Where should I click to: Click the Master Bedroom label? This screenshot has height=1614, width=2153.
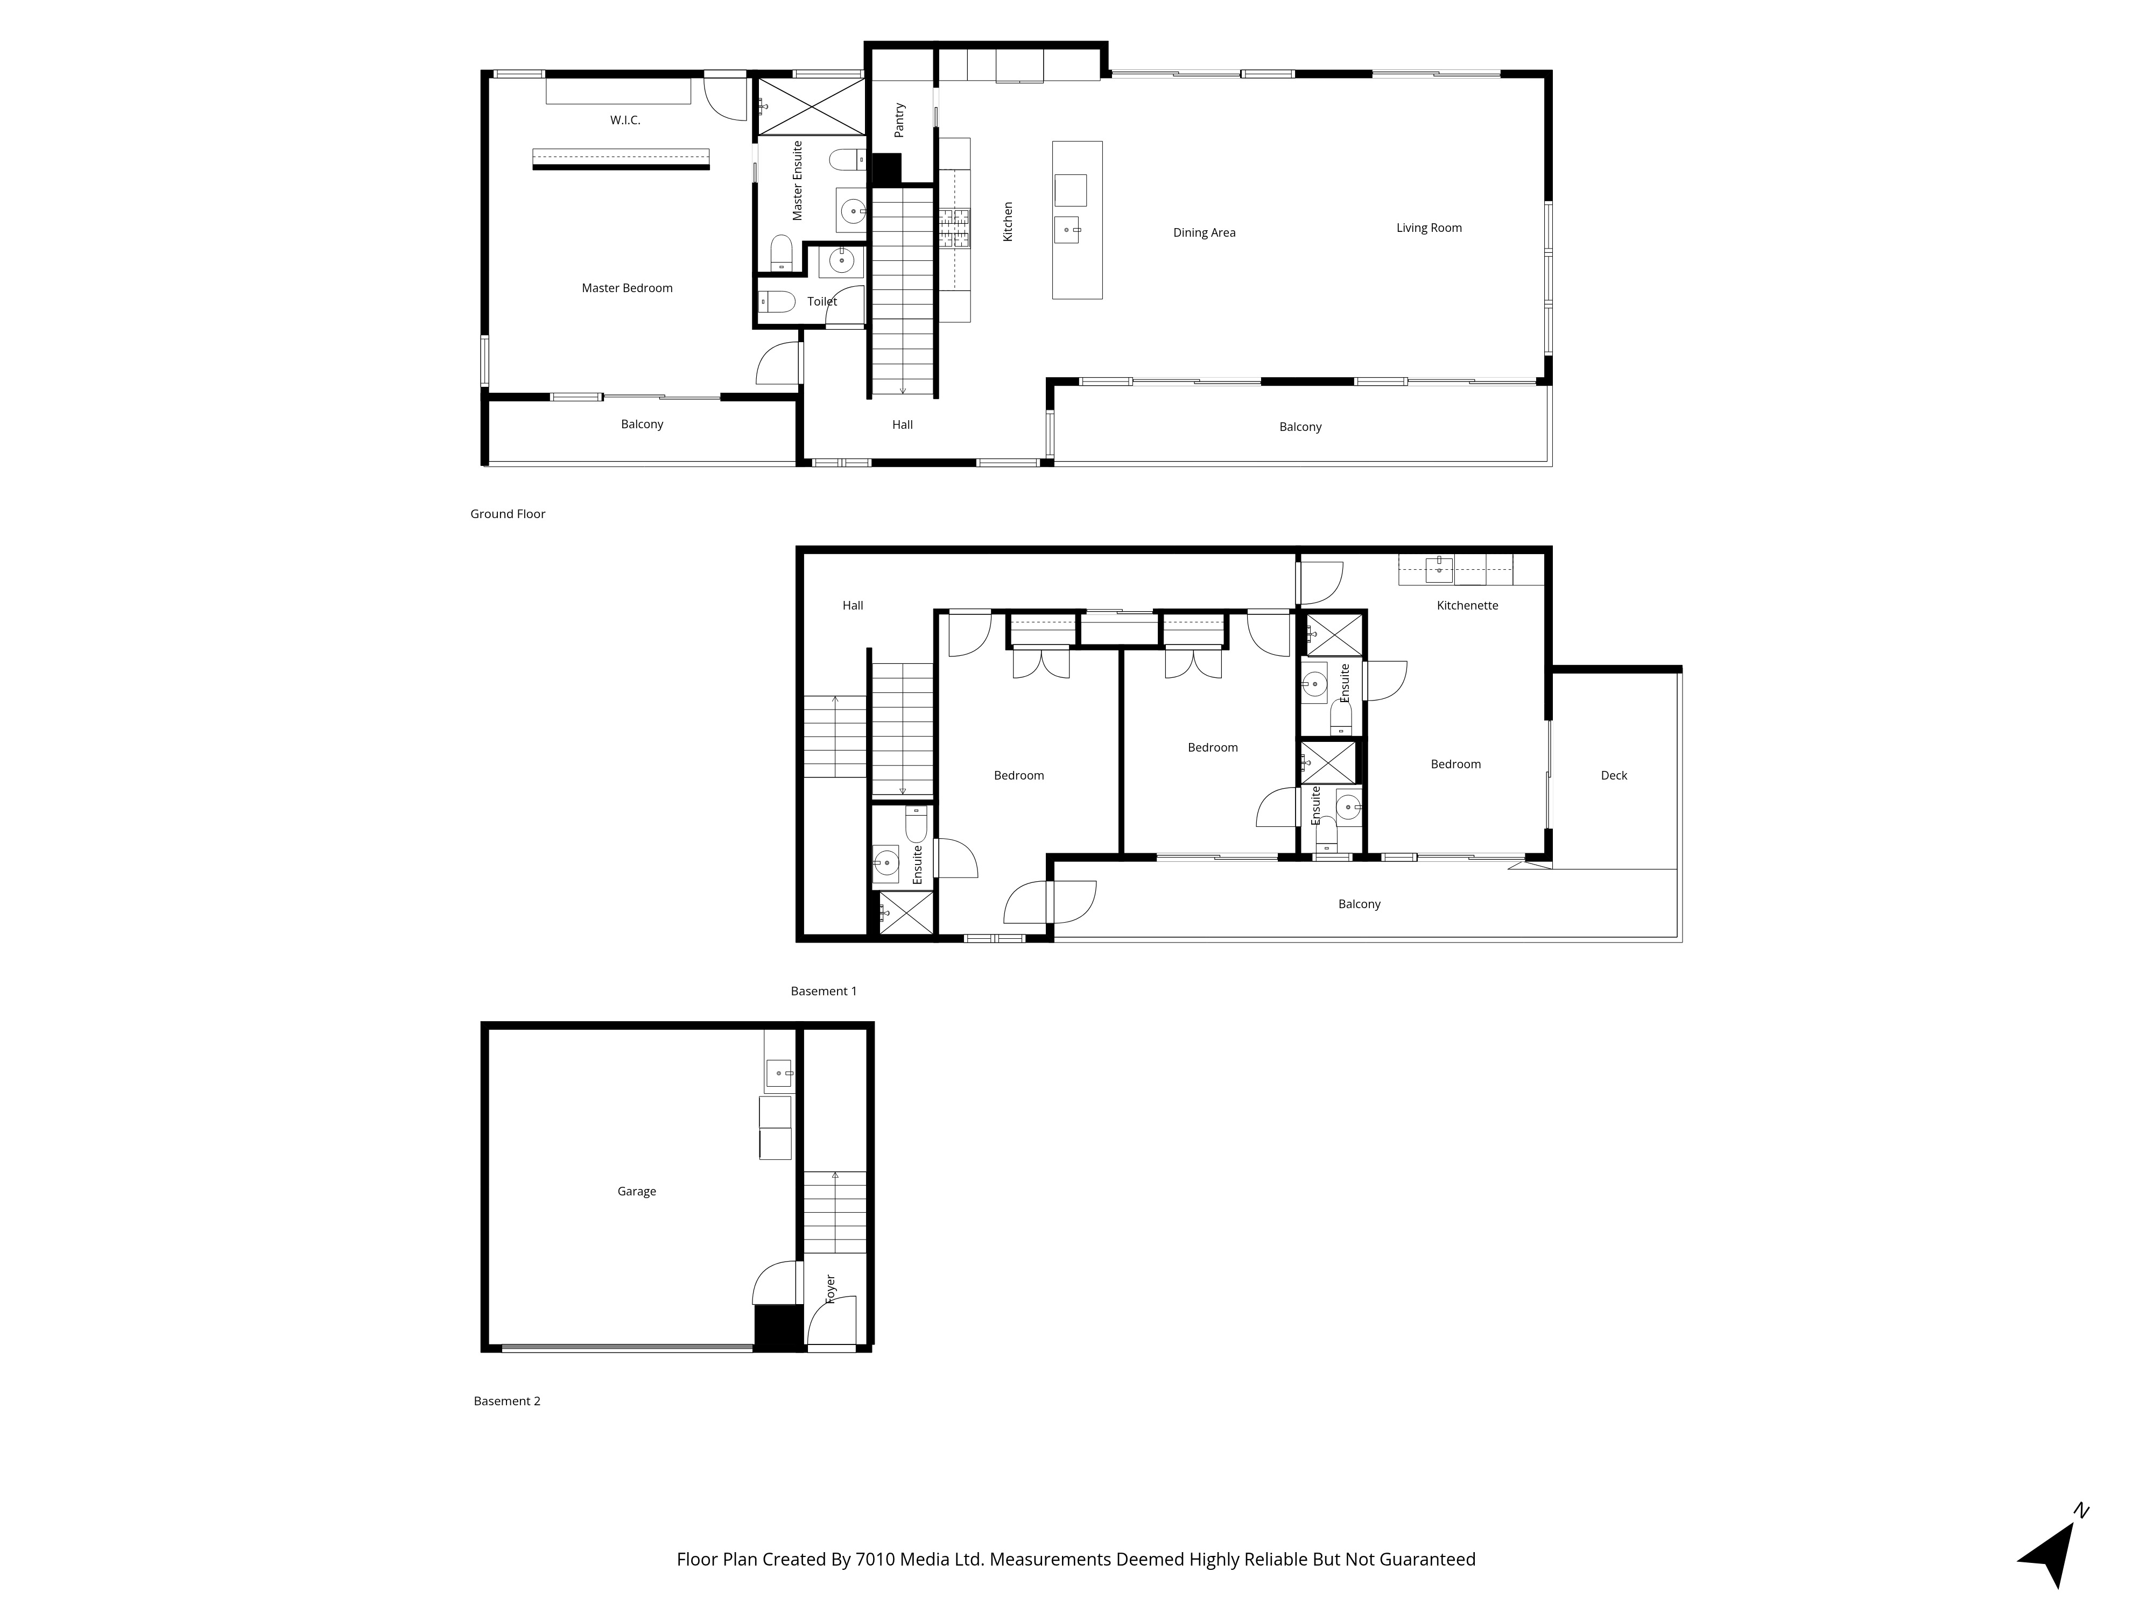point(627,288)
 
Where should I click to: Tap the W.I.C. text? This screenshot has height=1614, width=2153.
point(625,119)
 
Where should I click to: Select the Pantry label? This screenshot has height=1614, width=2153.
point(899,119)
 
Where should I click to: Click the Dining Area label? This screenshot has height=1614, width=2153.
point(1204,232)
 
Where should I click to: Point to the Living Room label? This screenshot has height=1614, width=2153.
point(1429,228)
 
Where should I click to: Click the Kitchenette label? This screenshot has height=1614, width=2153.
point(1467,605)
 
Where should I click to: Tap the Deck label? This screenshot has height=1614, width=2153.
point(1614,775)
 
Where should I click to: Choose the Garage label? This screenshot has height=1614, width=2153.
point(637,1191)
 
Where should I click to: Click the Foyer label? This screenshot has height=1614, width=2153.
point(830,1289)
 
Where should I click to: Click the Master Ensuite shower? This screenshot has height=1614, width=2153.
point(811,106)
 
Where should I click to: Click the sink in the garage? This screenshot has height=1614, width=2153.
point(779,1073)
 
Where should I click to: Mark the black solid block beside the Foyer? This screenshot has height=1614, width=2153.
point(778,1327)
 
